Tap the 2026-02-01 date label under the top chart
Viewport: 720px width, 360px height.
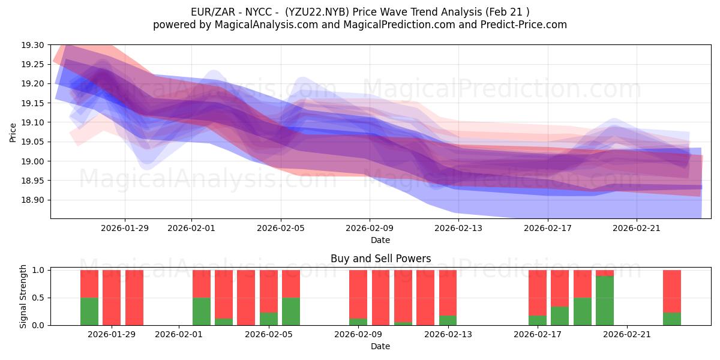tap(191, 228)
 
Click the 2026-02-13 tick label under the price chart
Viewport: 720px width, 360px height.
tap(458, 228)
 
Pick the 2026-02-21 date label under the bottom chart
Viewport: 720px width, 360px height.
tap(626, 335)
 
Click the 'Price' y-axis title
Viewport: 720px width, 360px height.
tap(13, 132)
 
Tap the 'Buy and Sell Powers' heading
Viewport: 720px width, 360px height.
tap(380, 259)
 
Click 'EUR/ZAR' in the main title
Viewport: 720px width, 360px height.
tap(208, 12)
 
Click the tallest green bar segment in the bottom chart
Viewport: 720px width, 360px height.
tap(605, 301)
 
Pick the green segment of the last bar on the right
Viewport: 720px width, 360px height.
tap(672, 319)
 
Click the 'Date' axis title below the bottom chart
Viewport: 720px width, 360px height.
tap(380, 346)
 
